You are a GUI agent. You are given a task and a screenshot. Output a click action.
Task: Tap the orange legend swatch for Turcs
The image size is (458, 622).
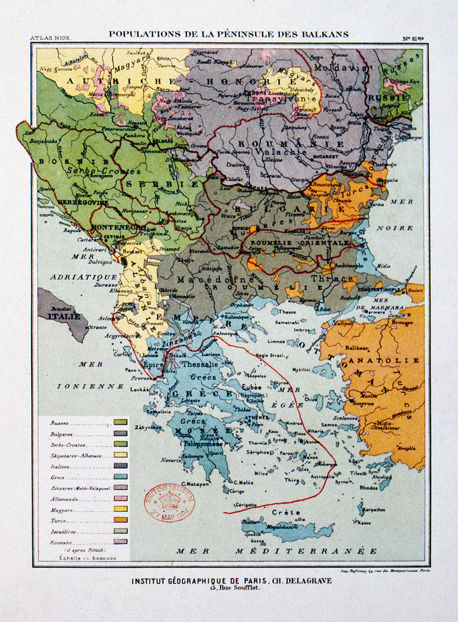pos(121,519)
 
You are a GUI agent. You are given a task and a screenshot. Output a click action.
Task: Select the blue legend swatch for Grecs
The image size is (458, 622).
pos(121,476)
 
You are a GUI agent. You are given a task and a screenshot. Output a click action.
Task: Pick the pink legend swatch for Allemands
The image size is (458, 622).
pos(121,498)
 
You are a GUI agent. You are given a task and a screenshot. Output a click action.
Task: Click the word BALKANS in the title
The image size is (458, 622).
pos(321,34)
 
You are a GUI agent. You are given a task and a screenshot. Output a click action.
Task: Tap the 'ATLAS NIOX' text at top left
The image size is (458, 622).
pos(51,39)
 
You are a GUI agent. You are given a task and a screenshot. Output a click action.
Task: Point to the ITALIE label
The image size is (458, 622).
pos(63,316)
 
